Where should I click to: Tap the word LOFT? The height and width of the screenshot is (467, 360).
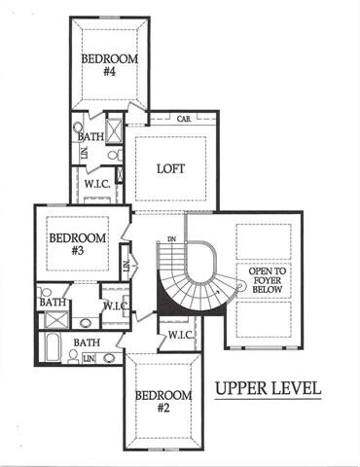[x=171, y=168]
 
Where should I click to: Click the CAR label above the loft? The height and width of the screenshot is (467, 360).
[x=183, y=120]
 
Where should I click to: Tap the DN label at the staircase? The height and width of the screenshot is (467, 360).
[x=171, y=239]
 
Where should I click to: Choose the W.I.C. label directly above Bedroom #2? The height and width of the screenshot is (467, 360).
[x=179, y=335]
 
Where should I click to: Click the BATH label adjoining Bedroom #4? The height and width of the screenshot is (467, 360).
[x=91, y=138]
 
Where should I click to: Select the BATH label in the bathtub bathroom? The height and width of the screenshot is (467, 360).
[x=87, y=342]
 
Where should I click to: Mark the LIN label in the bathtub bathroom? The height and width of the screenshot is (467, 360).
[x=89, y=359]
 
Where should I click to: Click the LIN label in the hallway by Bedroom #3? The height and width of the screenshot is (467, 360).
[x=126, y=263]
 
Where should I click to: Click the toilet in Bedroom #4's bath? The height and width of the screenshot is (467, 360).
[x=78, y=126]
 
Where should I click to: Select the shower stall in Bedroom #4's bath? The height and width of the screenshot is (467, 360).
[x=113, y=130]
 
